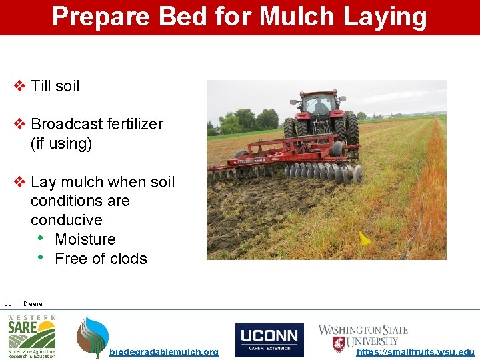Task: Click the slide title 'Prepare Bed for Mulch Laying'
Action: point(239,17)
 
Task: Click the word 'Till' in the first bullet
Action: point(41,86)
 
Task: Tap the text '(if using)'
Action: point(61,143)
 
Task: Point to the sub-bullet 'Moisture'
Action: point(85,239)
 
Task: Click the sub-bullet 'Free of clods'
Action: point(101,259)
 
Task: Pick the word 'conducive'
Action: point(67,220)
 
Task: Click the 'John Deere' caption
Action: point(23,303)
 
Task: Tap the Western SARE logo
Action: point(31,337)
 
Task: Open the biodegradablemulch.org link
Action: point(163,352)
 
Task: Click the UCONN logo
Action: point(269,340)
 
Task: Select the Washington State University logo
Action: point(363,337)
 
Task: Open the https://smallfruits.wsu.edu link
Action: point(415,352)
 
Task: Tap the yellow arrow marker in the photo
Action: point(364,238)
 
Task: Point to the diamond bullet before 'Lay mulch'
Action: point(20,182)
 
